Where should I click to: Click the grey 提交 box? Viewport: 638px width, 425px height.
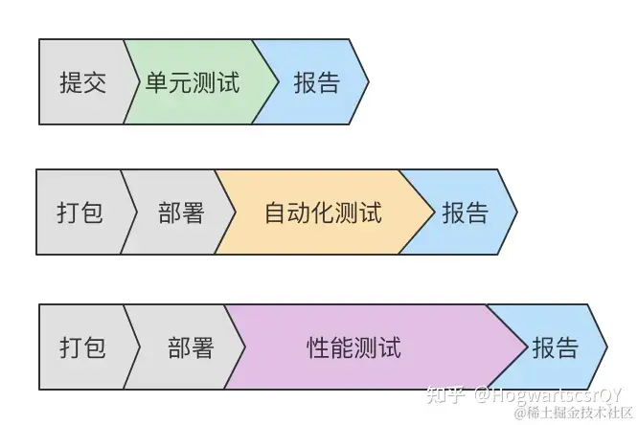(x=82, y=82)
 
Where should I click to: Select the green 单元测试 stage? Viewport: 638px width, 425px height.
(x=193, y=82)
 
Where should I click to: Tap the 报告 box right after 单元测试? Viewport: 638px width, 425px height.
(x=315, y=82)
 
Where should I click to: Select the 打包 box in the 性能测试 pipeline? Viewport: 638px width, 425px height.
(x=82, y=347)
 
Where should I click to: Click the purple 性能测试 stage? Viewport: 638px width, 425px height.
(x=354, y=347)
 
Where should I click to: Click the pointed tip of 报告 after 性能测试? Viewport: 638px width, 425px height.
(x=605, y=347)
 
